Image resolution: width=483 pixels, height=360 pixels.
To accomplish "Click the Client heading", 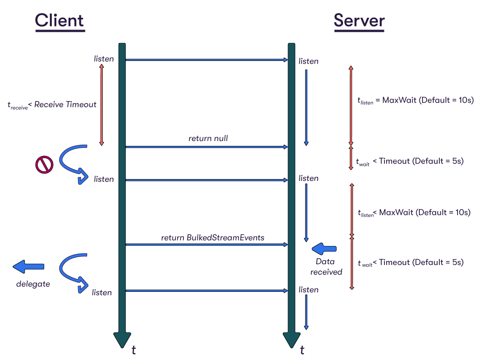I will tap(60, 21).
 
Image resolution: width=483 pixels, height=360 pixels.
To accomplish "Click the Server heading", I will tap(359, 21).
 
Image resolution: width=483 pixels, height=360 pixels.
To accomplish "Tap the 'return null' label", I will tap(208, 138).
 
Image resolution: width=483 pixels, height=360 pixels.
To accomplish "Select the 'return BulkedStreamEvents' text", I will tap(213, 237).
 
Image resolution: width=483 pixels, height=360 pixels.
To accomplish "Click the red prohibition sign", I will tap(44, 164).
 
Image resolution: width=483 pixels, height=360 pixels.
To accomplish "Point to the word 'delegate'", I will tap(33, 284).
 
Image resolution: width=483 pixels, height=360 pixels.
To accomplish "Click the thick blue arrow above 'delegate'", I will tap(29, 267).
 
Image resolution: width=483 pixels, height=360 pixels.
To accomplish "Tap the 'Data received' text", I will tap(326, 267).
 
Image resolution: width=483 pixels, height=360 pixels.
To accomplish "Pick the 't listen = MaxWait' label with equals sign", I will tap(415, 100).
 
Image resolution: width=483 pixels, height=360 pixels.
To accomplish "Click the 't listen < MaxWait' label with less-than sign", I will tap(413, 213).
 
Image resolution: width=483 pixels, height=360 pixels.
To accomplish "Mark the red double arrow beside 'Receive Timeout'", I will tap(101, 105).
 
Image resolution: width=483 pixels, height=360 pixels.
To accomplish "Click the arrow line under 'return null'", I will tap(207, 147).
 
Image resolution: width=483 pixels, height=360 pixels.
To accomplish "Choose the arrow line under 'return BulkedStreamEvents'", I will tap(207, 245).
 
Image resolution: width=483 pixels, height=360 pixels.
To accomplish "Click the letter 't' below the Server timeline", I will tap(302, 350).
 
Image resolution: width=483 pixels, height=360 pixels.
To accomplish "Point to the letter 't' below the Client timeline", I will tap(134, 350).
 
